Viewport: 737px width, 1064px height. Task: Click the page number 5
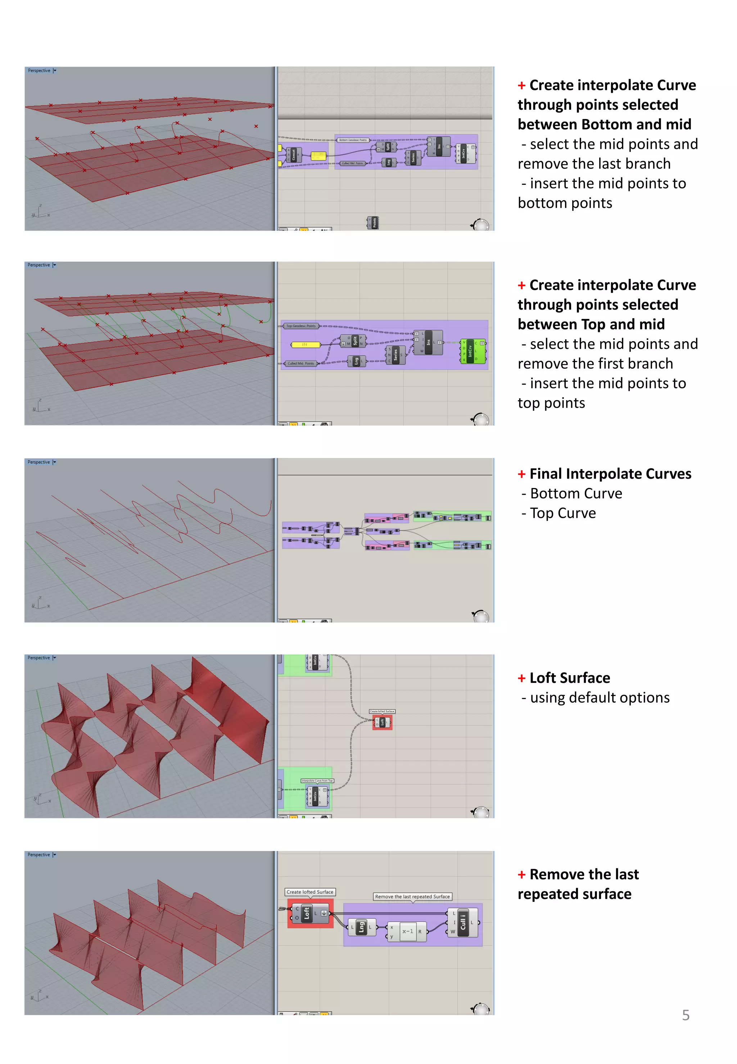[686, 1015]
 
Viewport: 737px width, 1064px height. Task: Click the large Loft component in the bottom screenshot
[307, 914]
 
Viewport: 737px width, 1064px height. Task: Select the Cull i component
[463, 923]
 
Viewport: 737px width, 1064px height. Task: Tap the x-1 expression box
[408, 931]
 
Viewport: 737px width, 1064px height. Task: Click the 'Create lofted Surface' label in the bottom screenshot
[310, 892]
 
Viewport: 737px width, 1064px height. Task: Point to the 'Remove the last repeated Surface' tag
[412, 896]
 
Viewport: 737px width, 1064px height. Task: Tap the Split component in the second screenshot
[355, 341]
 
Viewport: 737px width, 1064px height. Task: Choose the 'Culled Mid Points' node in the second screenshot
[300, 363]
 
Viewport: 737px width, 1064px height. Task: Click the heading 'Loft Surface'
[569, 678]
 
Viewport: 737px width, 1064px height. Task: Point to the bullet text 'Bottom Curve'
[576, 493]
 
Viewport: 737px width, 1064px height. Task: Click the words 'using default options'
[600, 698]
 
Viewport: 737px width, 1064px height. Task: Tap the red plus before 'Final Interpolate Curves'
[521, 474]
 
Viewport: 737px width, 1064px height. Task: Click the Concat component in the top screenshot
[294, 155]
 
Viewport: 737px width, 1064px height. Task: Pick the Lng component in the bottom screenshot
[362, 927]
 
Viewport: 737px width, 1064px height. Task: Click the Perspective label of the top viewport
[39, 70]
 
